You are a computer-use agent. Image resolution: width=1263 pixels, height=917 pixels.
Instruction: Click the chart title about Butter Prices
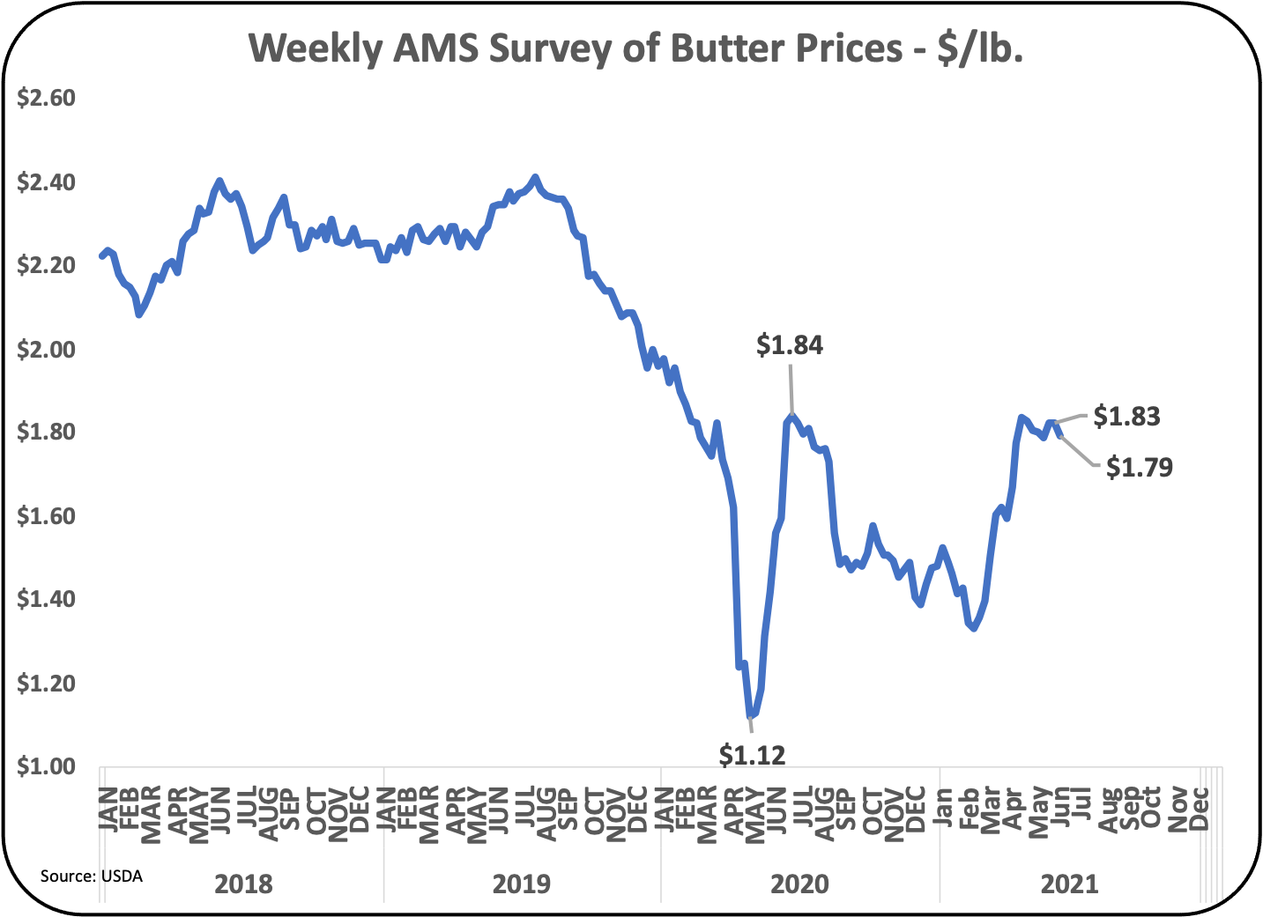coord(635,48)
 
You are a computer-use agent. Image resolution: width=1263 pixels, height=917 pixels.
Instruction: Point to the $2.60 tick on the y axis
coord(46,98)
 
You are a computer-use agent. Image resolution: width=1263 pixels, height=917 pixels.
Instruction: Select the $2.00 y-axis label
coord(46,349)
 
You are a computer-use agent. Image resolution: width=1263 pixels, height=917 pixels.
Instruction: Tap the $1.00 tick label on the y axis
coord(46,766)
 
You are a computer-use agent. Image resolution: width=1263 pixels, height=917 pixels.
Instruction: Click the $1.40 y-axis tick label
coord(46,599)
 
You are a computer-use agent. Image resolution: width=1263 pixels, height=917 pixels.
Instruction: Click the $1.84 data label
coord(790,345)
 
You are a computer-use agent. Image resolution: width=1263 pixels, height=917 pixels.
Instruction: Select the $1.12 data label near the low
coord(752,754)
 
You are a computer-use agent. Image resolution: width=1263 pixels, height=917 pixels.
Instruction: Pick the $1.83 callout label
coord(1126,416)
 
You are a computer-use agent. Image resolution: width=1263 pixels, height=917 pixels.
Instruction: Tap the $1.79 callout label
coord(1139,467)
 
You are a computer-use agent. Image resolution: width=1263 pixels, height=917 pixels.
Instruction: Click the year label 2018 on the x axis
coord(243,884)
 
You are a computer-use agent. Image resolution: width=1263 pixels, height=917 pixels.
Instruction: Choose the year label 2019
coord(521,884)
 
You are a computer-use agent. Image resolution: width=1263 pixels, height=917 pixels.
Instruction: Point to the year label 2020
coord(799,884)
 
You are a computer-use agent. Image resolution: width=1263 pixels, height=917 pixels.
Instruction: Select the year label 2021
coord(1069,884)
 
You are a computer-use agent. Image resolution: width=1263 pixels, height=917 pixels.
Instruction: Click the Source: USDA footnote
coord(91,876)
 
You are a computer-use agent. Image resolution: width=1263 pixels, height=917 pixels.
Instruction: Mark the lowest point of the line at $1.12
coord(749,716)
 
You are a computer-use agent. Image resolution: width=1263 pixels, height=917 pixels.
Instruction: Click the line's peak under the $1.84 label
coord(791,416)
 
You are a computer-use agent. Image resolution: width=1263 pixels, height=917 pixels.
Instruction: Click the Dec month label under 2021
coord(1199,809)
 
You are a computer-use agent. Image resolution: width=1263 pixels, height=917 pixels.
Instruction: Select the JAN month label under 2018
coord(108,809)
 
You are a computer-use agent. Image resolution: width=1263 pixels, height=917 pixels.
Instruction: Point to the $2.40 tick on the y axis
coord(46,182)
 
